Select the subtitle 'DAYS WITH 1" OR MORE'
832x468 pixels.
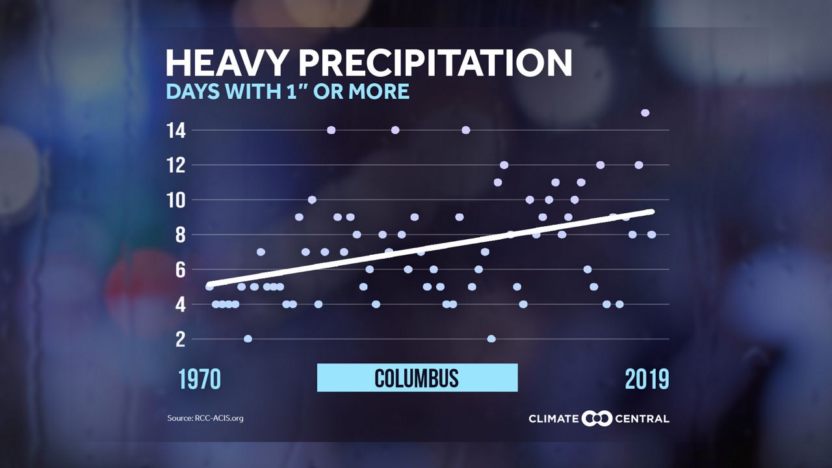[x=287, y=92]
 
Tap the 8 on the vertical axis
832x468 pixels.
[x=179, y=235]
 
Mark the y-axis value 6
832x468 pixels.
[x=179, y=270]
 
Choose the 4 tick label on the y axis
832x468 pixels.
[x=179, y=304]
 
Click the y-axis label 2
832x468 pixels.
[x=179, y=339]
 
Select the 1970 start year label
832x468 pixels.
[x=200, y=379]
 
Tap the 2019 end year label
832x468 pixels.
[x=647, y=379]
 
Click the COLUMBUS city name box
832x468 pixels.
[x=417, y=378]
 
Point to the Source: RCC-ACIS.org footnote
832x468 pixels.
[x=205, y=418]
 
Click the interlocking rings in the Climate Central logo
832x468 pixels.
[x=597, y=418]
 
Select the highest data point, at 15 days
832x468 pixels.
[x=645, y=112]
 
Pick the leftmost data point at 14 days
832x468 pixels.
[x=331, y=130]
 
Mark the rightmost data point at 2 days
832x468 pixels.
[x=491, y=339]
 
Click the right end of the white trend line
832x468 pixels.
[x=651, y=211]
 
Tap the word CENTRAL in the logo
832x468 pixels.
[x=642, y=418]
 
